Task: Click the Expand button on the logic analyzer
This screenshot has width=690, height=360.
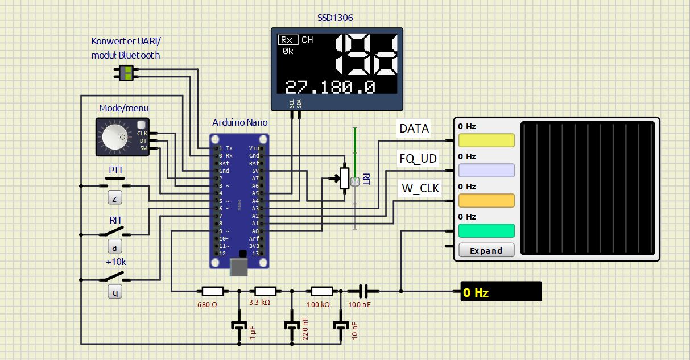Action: (x=486, y=250)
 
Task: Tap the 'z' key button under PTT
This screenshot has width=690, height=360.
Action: (x=115, y=198)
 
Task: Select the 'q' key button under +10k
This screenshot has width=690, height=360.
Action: (x=115, y=292)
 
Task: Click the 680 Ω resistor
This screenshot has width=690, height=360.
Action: (x=213, y=291)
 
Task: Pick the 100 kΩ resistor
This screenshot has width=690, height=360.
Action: (x=322, y=291)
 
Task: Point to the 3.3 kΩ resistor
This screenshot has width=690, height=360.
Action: (x=266, y=291)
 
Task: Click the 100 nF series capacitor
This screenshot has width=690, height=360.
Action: (x=363, y=291)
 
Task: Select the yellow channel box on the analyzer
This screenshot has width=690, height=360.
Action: (x=486, y=140)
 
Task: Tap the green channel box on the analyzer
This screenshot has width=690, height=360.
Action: (x=486, y=231)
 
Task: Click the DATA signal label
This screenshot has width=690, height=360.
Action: (x=414, y=129)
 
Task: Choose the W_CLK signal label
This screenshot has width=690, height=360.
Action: (x=420, y=188)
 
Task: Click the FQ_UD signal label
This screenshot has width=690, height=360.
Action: (x=418, y=159)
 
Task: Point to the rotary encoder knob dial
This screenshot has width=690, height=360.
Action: (x=114, y=138)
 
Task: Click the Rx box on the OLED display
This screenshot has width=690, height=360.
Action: (x=288, y=40)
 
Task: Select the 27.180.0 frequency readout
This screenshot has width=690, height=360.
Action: (x=330, y=87)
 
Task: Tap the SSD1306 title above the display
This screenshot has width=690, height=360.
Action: (x=335, y=18)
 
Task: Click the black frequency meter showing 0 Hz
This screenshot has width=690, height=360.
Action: (x=501, y=291)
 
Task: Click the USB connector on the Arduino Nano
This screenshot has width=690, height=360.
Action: (x=239, y=266)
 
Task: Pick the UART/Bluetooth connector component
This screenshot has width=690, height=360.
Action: (x=126, y=73)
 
